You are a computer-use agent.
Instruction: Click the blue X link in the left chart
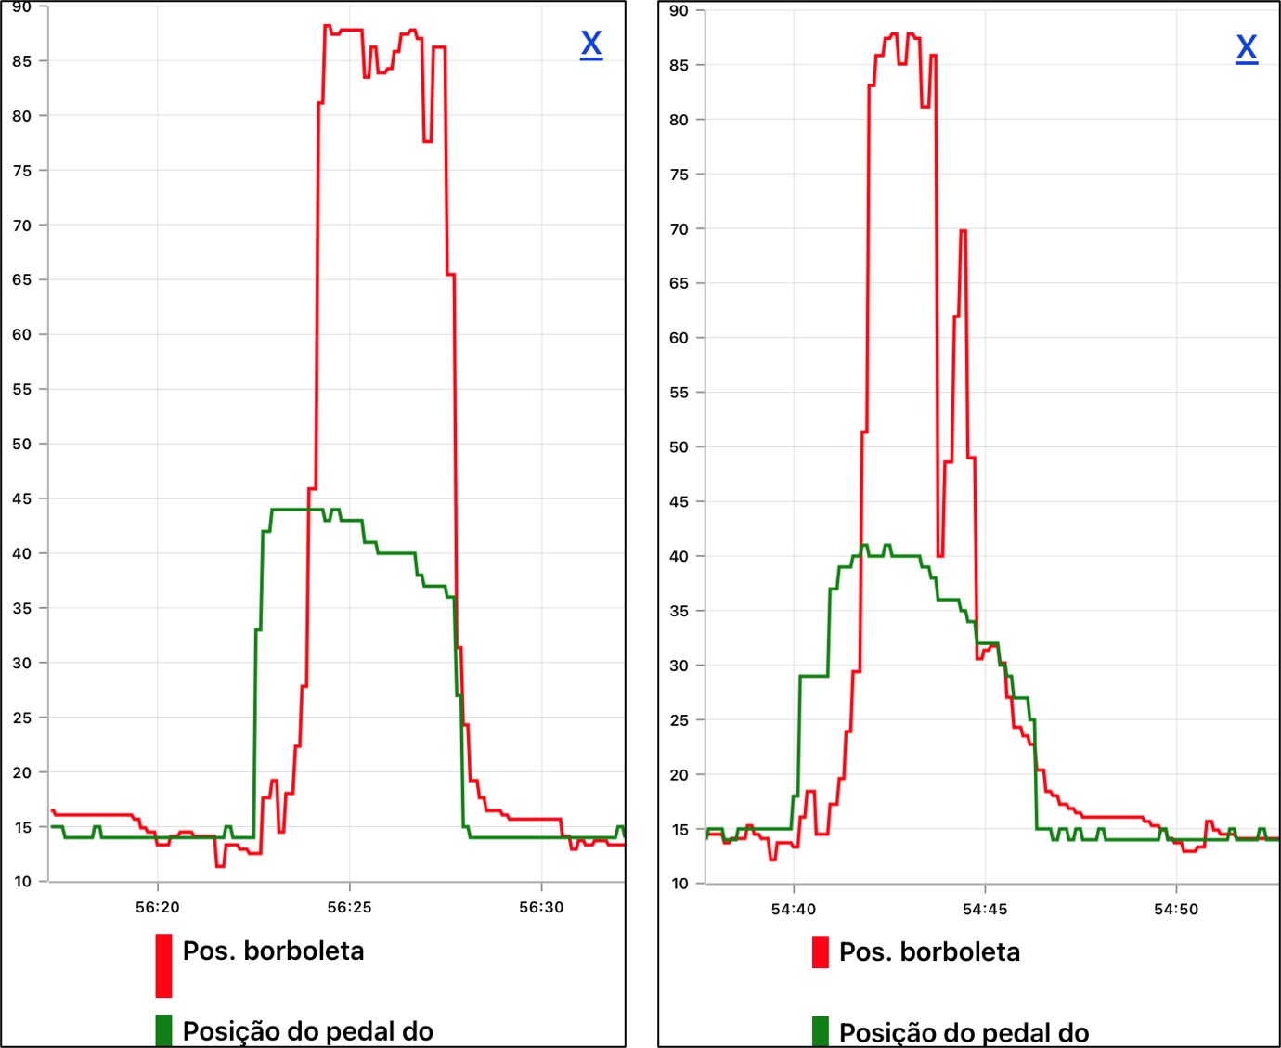[x=591, y=44]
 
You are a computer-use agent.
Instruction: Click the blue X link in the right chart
[x=1247, y=47]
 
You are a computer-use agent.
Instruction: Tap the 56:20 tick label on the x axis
[x=158, y=907]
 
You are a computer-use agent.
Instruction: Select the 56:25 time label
[x=350, y=907]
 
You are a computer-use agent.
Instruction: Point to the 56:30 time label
[x=541, y=907]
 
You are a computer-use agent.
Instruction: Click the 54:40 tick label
[x=794, y=909]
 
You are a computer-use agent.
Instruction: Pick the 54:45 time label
[x=985, y=909]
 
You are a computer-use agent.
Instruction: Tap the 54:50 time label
[x=1176, y=909]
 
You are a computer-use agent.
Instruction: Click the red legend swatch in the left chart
[x=164, y=965]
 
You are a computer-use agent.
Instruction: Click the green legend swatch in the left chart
[x=164, y=1029]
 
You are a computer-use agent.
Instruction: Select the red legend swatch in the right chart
[x=821, y=951]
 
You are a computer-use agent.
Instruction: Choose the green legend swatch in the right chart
[x=821, y=1030]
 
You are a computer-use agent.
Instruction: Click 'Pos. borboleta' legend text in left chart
[x=273, y=951]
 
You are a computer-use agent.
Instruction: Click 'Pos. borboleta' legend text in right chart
[x=929, y=951]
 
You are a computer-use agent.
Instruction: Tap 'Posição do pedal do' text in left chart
[x=307, y=1030]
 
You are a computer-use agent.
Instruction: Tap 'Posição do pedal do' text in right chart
[x=964, y=1032]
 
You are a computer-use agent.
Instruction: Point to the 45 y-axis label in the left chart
[x=22, y=498]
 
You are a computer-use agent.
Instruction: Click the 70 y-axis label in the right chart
[x=679, y=229]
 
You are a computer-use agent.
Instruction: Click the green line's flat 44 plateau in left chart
[x=295, y=510]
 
